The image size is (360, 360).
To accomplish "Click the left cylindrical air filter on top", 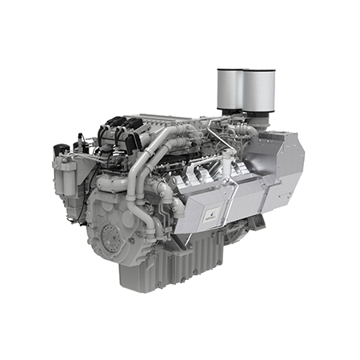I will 231,88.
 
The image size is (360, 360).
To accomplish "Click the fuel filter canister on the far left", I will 66,180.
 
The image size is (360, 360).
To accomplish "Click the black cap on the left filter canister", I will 62,150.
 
